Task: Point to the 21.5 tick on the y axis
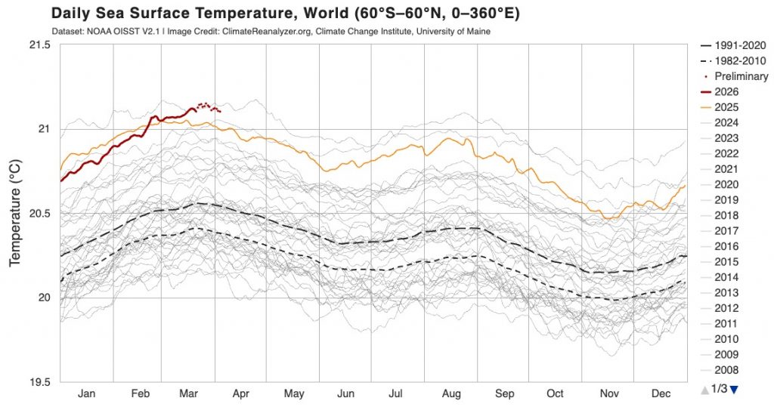pyautogui.click(x=37, y=45)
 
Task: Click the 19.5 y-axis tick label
pyautogui.click(x=37, y=381)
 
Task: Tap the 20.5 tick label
pyautogui.click(x=37, y=214)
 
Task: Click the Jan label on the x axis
pyautogui.click(x=87, y=393)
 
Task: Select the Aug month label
pyautogui.click(x=451, y=393)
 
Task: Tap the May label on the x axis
pyautogui.click(x=294, y=393)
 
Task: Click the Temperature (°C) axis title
pyautogui.click(x=14, y=213)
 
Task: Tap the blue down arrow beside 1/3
pyautogui.click(x=733, y=389)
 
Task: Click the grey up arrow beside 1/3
pyautogui.click(x=704, y=389)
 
